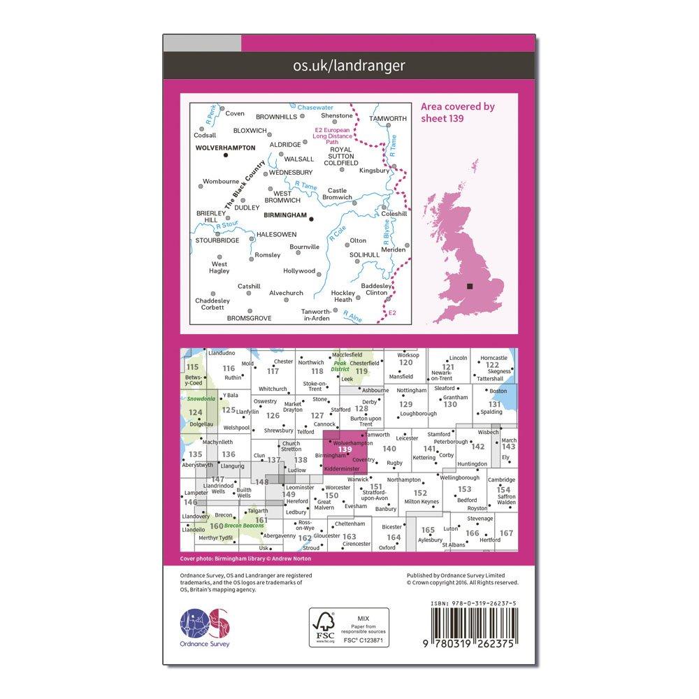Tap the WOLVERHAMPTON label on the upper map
pos(226,147)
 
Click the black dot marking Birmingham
pos(311,219)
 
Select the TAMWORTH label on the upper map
pos(388,118)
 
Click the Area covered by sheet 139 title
pos(458,112)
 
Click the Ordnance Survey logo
pos(205,628)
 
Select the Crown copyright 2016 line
pos(462,582)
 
